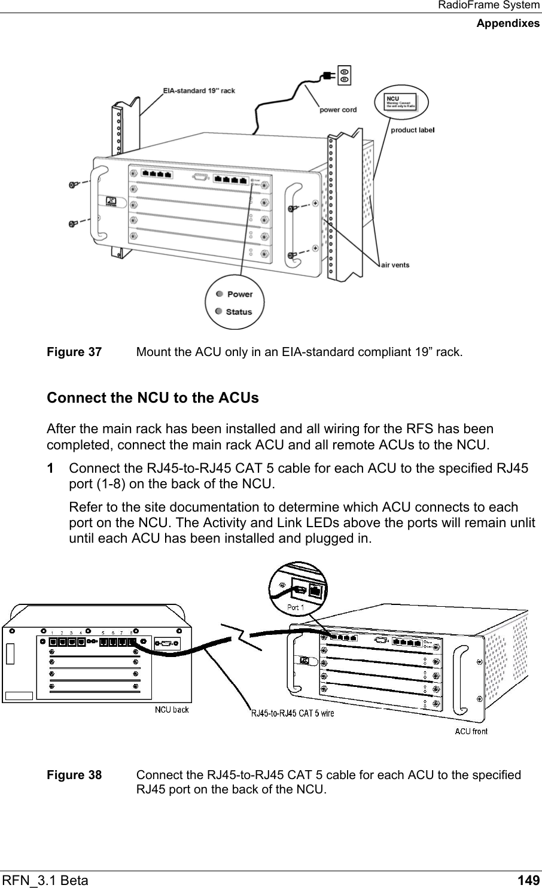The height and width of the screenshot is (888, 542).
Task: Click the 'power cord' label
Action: coord(338,110)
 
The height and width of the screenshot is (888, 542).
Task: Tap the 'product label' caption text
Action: coord(412,129)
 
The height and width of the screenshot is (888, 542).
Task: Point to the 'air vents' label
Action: coord(395,265)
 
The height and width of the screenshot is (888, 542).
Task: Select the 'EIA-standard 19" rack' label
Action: coord(199,91)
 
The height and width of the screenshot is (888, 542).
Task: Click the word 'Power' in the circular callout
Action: coord(240,294)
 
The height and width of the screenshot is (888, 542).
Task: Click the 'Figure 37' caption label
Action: coord(74,351)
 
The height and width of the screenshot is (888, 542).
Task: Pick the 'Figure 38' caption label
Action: coord(74,775)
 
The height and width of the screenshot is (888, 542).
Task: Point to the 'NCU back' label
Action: coord(172,710)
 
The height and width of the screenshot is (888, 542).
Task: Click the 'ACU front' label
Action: coord(471,731)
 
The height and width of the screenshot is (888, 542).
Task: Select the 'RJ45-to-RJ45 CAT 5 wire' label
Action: coord(292,713)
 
